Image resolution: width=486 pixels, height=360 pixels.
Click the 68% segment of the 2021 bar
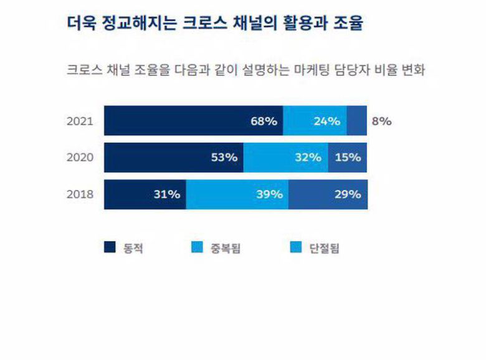click(x=193, y=121)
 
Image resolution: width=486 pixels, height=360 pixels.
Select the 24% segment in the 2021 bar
click(x=315, y=121)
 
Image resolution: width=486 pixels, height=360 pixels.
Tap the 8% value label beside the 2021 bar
click(x=381, y=121)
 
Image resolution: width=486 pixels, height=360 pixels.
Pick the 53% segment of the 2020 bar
click(x=173, y=158)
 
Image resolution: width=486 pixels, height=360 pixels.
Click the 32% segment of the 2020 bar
click(x=285, y=158)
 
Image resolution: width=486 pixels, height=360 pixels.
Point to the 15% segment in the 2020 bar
click(x=348, y=158)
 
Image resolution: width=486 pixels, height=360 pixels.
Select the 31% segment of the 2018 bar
click(x=145, y=194)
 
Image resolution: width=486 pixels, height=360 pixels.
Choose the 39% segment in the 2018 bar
click(x=237, y=194)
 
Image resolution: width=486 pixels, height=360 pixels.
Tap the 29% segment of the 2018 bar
click(x=328, y=194)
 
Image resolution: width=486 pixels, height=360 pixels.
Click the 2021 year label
click(x=80, y=121)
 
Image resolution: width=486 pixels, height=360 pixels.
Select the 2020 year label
click(x=80, y=158)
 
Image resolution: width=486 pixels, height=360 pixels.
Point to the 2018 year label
click(x=80, y=194)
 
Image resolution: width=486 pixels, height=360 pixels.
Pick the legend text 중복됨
click(x=227, y=249)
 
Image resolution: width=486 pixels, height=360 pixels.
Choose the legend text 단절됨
click(x=324, y=249)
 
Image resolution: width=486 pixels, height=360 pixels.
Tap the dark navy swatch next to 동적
click(x=110, y=248)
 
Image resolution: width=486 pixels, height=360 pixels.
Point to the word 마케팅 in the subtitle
click(x=321, y=69)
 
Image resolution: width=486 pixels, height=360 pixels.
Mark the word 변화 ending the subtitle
click(x=412, y=69)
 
